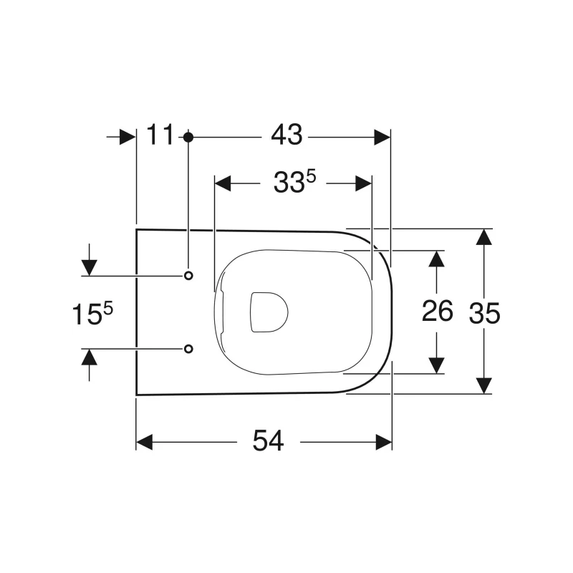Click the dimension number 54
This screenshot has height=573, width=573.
(268, 442)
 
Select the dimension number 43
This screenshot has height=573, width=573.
(286, 135)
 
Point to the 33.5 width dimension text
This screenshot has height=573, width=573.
(294, 184)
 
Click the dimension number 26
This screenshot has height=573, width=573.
(437, 312)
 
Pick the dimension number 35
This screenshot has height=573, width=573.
(485, 312)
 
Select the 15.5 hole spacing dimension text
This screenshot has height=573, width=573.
(92, 313)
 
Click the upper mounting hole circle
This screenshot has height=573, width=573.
(188, 276)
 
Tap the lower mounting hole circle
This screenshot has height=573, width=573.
(188, 348)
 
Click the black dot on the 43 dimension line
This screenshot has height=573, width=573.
(188, 136)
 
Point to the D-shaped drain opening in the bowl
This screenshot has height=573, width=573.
(268, 312)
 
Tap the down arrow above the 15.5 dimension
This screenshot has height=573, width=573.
(89, 267)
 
